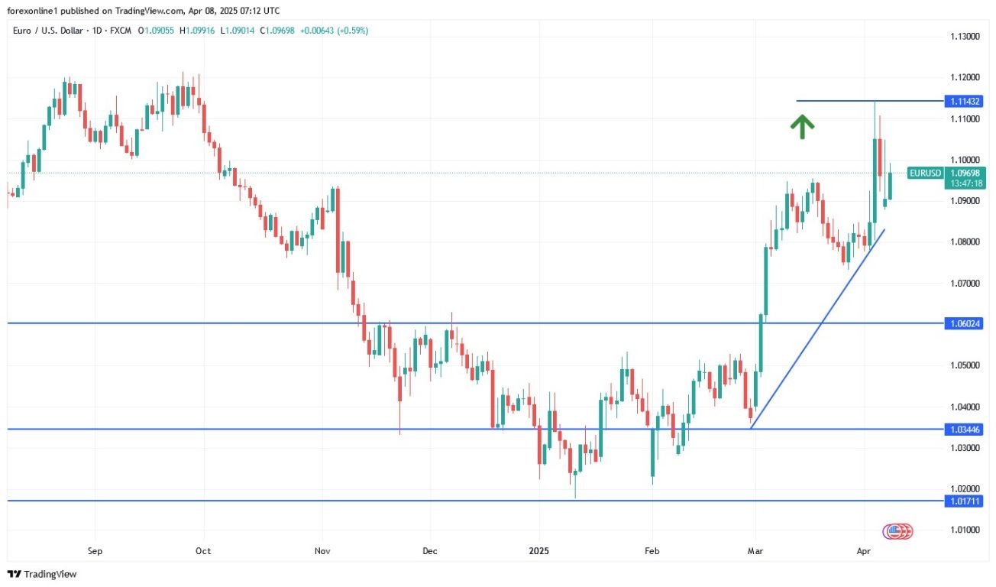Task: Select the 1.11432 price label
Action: tap(962, 101)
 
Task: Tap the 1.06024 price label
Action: tap(962, 323)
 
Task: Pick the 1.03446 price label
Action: tap(962, 429)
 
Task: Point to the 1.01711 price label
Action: tap(962, 501)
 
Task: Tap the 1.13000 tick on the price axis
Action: tap(965, 37)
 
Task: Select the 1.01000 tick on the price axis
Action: tap(965, 530)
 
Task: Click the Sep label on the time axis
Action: tap(95, 550)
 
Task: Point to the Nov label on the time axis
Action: tap(322, 550)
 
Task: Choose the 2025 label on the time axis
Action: tap(538, 550)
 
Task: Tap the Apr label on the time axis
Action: tap(864, 550)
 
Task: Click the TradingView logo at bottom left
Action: tap(43, 574)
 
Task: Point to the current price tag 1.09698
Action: tap(963, 174)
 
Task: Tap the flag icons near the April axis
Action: tap(897, 530)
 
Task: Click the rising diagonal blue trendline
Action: tap(817, 329)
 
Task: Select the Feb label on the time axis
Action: tap(652, 550)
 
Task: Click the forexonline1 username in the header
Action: tap(32, 11)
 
